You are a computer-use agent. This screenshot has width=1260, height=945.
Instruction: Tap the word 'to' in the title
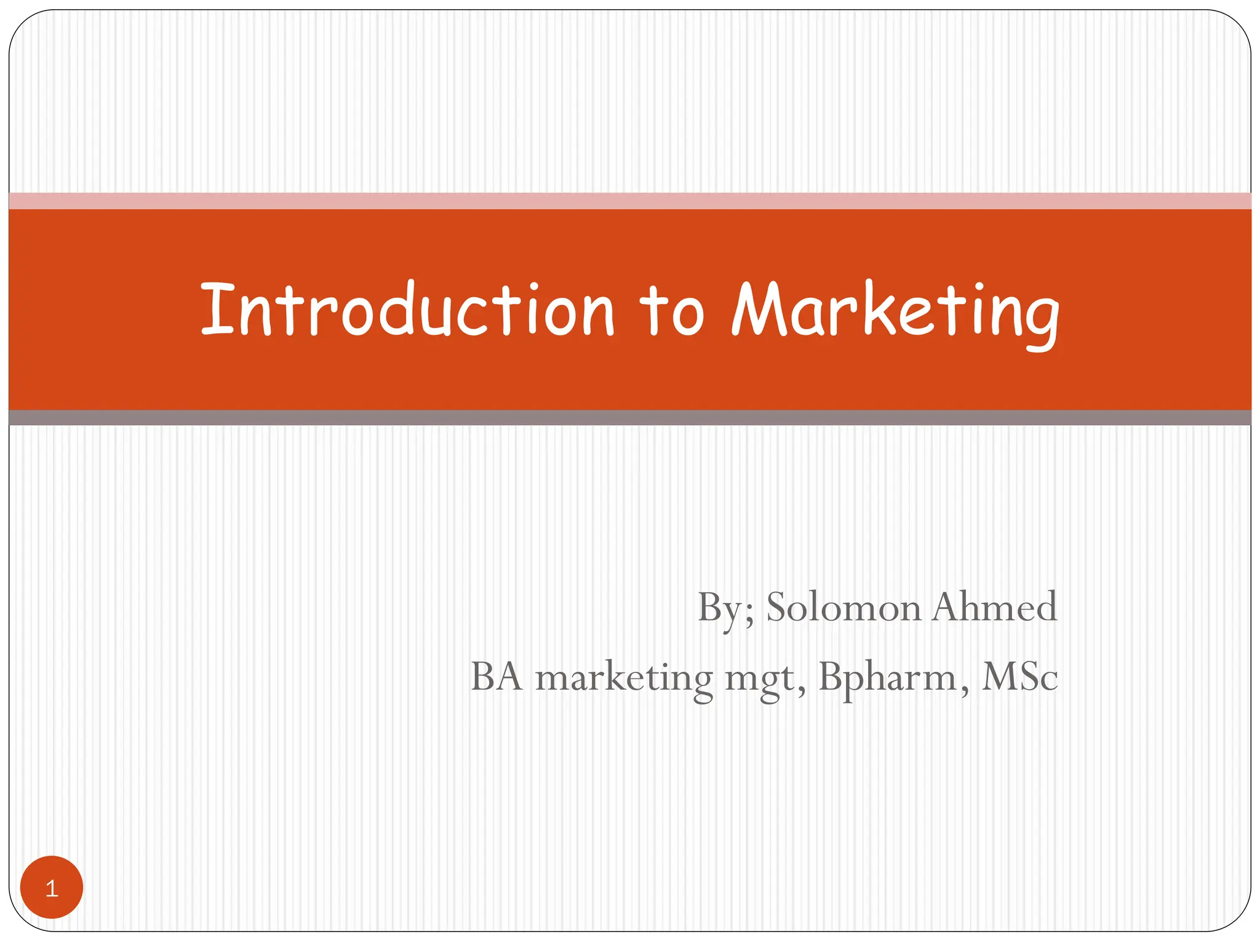(671, 311)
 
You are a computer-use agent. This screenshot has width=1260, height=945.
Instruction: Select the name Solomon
(843, 608)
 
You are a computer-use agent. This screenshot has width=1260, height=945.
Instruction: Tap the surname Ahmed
(994, 608)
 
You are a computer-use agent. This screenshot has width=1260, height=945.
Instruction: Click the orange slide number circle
(52, 887)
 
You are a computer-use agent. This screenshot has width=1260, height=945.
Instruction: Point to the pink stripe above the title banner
(630, 201)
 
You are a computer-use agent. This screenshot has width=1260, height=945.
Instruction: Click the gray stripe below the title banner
(630, 418)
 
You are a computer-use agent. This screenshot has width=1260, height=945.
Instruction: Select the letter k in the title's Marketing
(873, 309)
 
